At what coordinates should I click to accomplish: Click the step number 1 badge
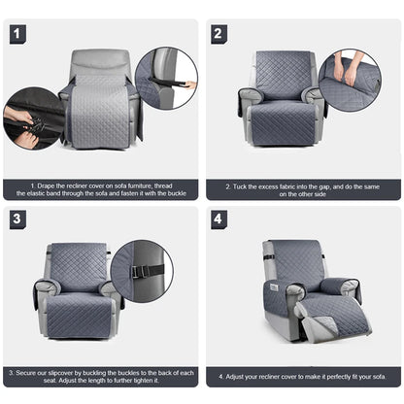[17, 34]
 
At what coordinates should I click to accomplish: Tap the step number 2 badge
[219, 34]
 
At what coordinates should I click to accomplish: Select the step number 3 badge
[17, 219]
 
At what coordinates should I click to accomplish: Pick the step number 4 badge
[219, 219]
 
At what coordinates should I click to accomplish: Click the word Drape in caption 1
[46, 185]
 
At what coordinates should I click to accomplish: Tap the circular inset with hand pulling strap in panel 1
[165, 78]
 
